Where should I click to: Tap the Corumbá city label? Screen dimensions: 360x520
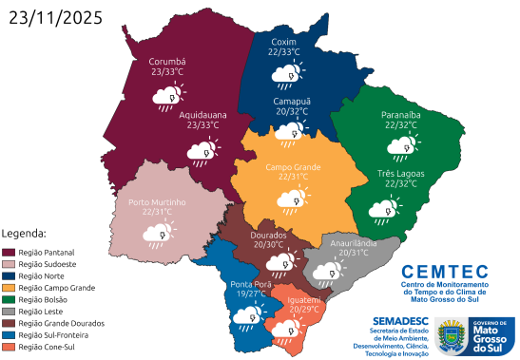click(x=168, y=60)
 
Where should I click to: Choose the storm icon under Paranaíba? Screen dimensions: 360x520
click(x=398, y=146)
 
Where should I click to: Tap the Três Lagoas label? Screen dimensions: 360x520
click(x=402, y=172)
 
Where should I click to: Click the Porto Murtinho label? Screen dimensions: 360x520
click(x=157, y=202)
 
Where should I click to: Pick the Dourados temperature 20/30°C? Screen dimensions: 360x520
click(x=267, y=243)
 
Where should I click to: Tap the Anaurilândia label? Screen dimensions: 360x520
click(x=355, y=242)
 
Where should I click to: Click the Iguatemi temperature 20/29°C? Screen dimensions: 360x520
click(x=304, y=309)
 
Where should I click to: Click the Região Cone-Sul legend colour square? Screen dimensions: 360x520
click(x=9, y=347)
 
